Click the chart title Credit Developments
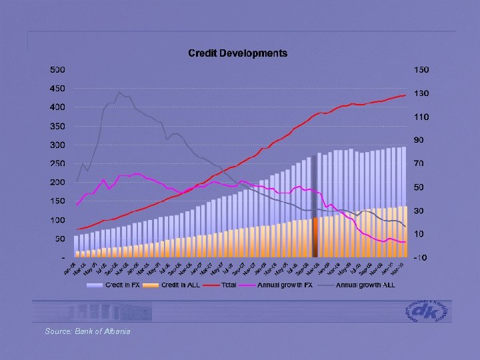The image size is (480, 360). (x=238, y=53)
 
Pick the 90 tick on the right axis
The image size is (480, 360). (x=418, y=140)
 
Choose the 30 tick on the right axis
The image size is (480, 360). (x=418, y=211)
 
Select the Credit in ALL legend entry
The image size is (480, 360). (x=179, y=285)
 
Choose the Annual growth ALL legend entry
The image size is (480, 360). (x=364, y=285)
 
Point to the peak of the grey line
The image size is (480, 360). (x=119, y=92)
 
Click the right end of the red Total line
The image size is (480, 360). (x=405, y=95)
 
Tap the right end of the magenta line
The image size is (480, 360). (x=405, y=242)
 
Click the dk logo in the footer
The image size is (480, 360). (x=427, y=311)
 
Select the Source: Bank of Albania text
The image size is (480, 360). (x=87, y=331)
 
